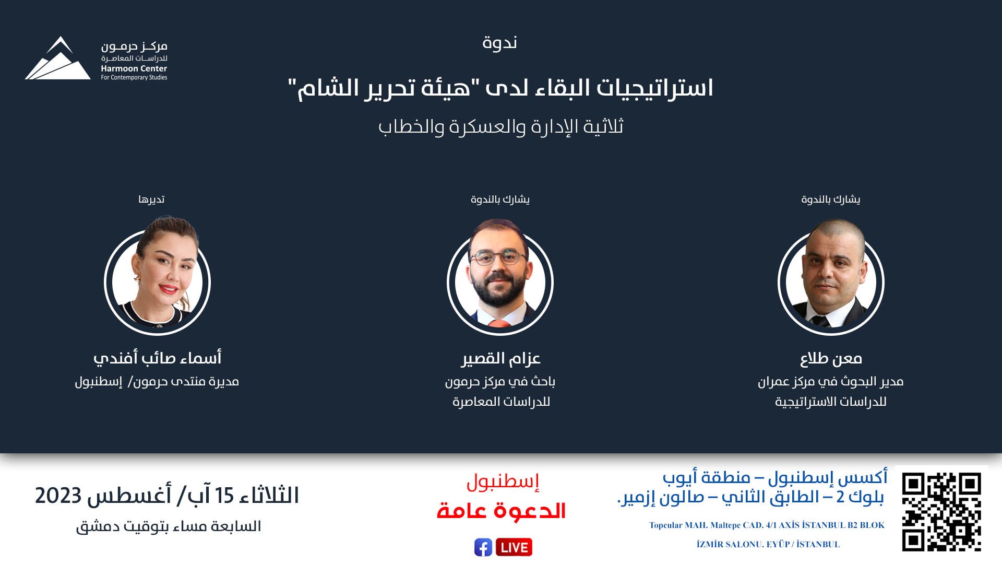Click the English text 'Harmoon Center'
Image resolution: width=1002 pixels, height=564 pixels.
pyautogui.click(x=134, y=68)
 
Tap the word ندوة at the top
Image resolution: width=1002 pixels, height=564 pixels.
pyautogui.click(x=499, y=42)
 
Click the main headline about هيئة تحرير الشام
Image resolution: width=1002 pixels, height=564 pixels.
pyautogui.click(x=500, y=88)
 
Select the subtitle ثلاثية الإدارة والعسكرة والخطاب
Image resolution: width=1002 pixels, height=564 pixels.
pyautogui.click(x=501, y=127)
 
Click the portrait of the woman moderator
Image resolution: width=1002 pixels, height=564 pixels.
pyautogui.click(x=157, y=277)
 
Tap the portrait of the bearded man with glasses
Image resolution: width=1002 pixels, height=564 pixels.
pyautogui.click(x=500, y=277)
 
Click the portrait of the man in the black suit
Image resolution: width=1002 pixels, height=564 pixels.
pyautogui.click(x=831, y=277)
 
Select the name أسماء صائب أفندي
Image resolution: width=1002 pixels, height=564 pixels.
pyautogui.click(x=157, y=358)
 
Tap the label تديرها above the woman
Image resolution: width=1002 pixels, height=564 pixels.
pyautogui.click(x=151, y=199)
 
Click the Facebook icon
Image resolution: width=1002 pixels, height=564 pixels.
pyautogui.click(x=483, y=547)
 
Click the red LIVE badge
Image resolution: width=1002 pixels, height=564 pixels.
pyautogui.click(x=514, y=547)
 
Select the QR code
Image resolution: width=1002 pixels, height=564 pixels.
pyautogui.click(x=941, y=512)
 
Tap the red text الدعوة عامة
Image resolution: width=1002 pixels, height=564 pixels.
pyautogui.click(x=501, y=511)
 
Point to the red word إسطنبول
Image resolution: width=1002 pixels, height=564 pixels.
pyautogui.click(x=503, y=481)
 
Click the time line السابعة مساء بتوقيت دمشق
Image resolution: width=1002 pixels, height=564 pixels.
pyautogui.click(x=169, y=526)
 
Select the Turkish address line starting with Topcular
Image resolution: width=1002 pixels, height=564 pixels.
pyautogui.click(x=767, y=525)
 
